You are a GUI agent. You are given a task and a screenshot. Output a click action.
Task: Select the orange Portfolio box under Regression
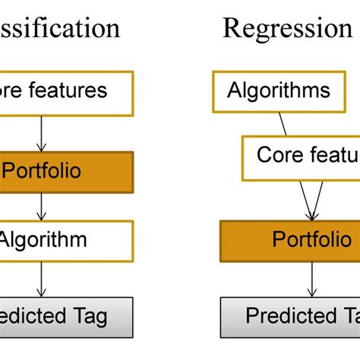pyautogui.click(x=289, y=242)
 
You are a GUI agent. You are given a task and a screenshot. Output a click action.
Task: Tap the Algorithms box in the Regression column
pyautogui.click(x=279, y=91)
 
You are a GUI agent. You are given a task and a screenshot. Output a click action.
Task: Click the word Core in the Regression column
pyautogui.click(x=274, y=156)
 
